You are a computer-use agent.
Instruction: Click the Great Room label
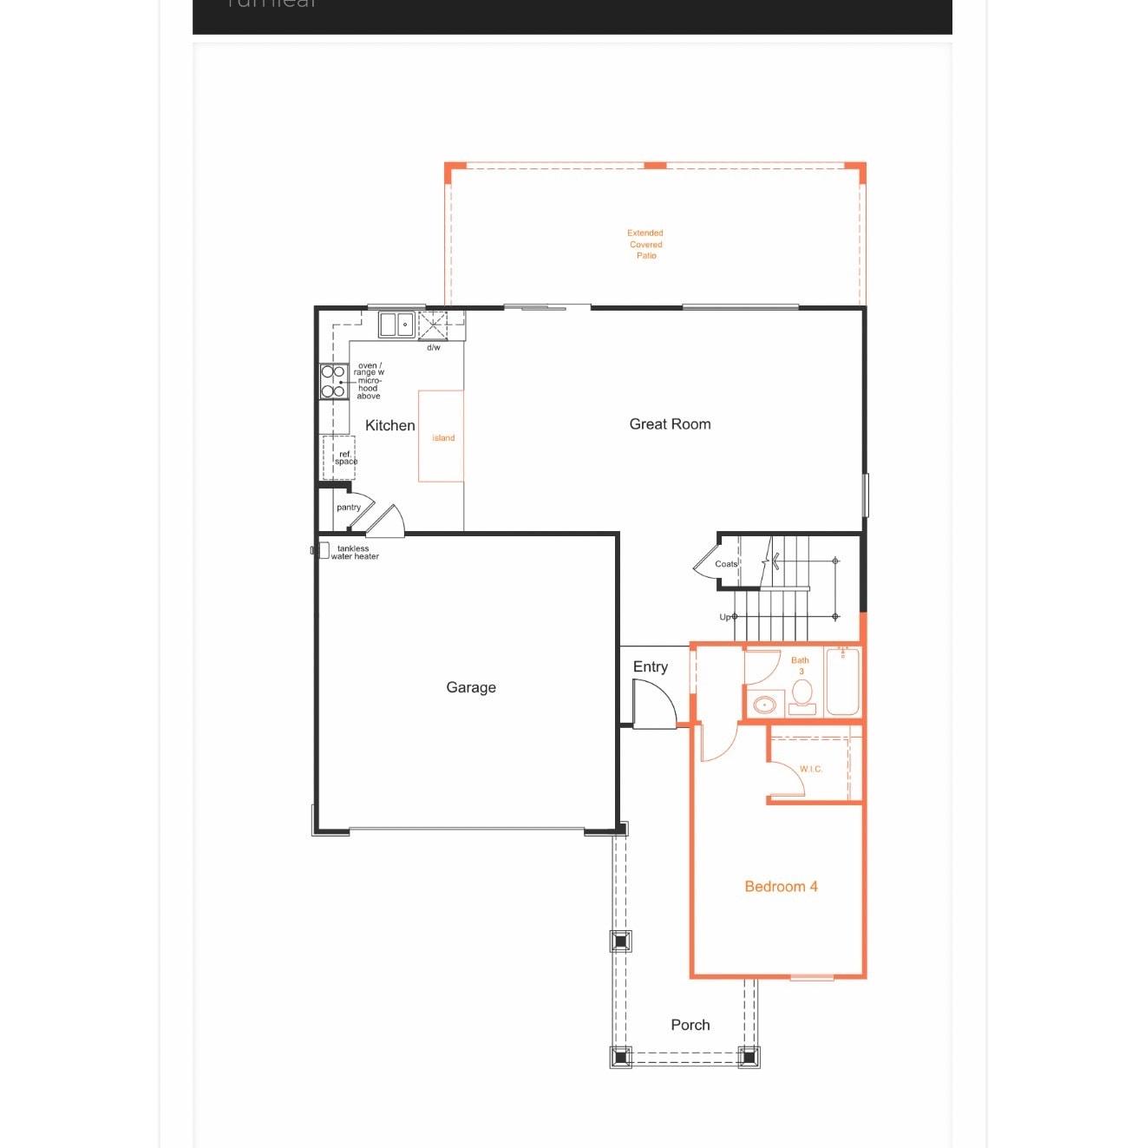[x=670, y=424]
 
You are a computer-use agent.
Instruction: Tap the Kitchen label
[x=389, y=425]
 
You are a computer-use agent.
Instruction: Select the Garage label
[x=471, y=687]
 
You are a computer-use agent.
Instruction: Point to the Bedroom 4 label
[x=781, y=886]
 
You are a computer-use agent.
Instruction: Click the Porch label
[x=690, y=1025]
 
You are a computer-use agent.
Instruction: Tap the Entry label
[x=650, y=666]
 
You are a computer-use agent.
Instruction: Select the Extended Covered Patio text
[x=645, y=244]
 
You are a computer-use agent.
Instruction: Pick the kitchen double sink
[x=396, y=325]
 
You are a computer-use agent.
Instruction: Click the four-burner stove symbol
[x=333, y=381]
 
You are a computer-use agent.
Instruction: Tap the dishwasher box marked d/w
[x=434, y=326]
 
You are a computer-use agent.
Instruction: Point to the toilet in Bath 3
[x=802, y=694]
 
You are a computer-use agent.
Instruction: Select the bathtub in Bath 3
[x=842, y=682]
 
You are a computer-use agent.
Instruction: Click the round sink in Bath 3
[x=764, y=705]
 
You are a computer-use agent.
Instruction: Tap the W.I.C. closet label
[x=811, y=769]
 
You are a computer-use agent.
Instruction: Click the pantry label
[x=348, y=507]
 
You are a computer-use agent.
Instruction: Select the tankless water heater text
[x=354, y=553]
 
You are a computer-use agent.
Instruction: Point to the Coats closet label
[x=726, y=564]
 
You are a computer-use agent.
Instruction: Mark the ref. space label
[x=345, y=457]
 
